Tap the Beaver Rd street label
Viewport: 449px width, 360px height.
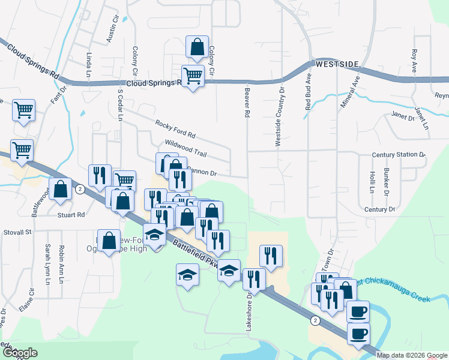point(247,101)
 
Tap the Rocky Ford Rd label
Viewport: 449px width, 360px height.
point(175,128)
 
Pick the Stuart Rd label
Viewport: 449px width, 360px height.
point(71,214)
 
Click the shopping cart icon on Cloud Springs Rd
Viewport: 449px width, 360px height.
point(193,76)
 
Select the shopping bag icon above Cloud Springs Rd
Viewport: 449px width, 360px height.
point(196,46)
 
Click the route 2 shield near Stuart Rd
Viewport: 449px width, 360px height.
point(80,188)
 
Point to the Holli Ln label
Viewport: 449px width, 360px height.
point(372,182)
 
